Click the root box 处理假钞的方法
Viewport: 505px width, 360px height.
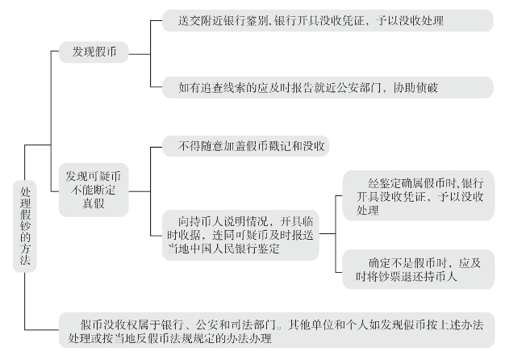point(25,226)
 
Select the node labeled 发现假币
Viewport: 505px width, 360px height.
point(94,52)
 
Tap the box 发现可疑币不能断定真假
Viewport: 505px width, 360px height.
point(94,190)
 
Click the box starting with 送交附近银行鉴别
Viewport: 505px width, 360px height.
point(328,21)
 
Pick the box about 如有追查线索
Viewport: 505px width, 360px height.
point(328,87)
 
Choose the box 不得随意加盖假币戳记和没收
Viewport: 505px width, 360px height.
point(245,146)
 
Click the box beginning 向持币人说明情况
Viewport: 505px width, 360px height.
point(240,235)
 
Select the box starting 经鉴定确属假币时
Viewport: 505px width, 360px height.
point(419,196)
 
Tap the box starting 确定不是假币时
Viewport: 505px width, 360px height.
point(419,270)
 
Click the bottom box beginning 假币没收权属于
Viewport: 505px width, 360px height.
point(277,330)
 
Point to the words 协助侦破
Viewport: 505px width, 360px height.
point(415,88)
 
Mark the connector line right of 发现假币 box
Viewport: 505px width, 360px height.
point(140,54)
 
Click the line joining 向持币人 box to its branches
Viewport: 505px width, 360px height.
point(328,233)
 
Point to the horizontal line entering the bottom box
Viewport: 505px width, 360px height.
point(42,329)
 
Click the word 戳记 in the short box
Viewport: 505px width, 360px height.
point(280,146)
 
